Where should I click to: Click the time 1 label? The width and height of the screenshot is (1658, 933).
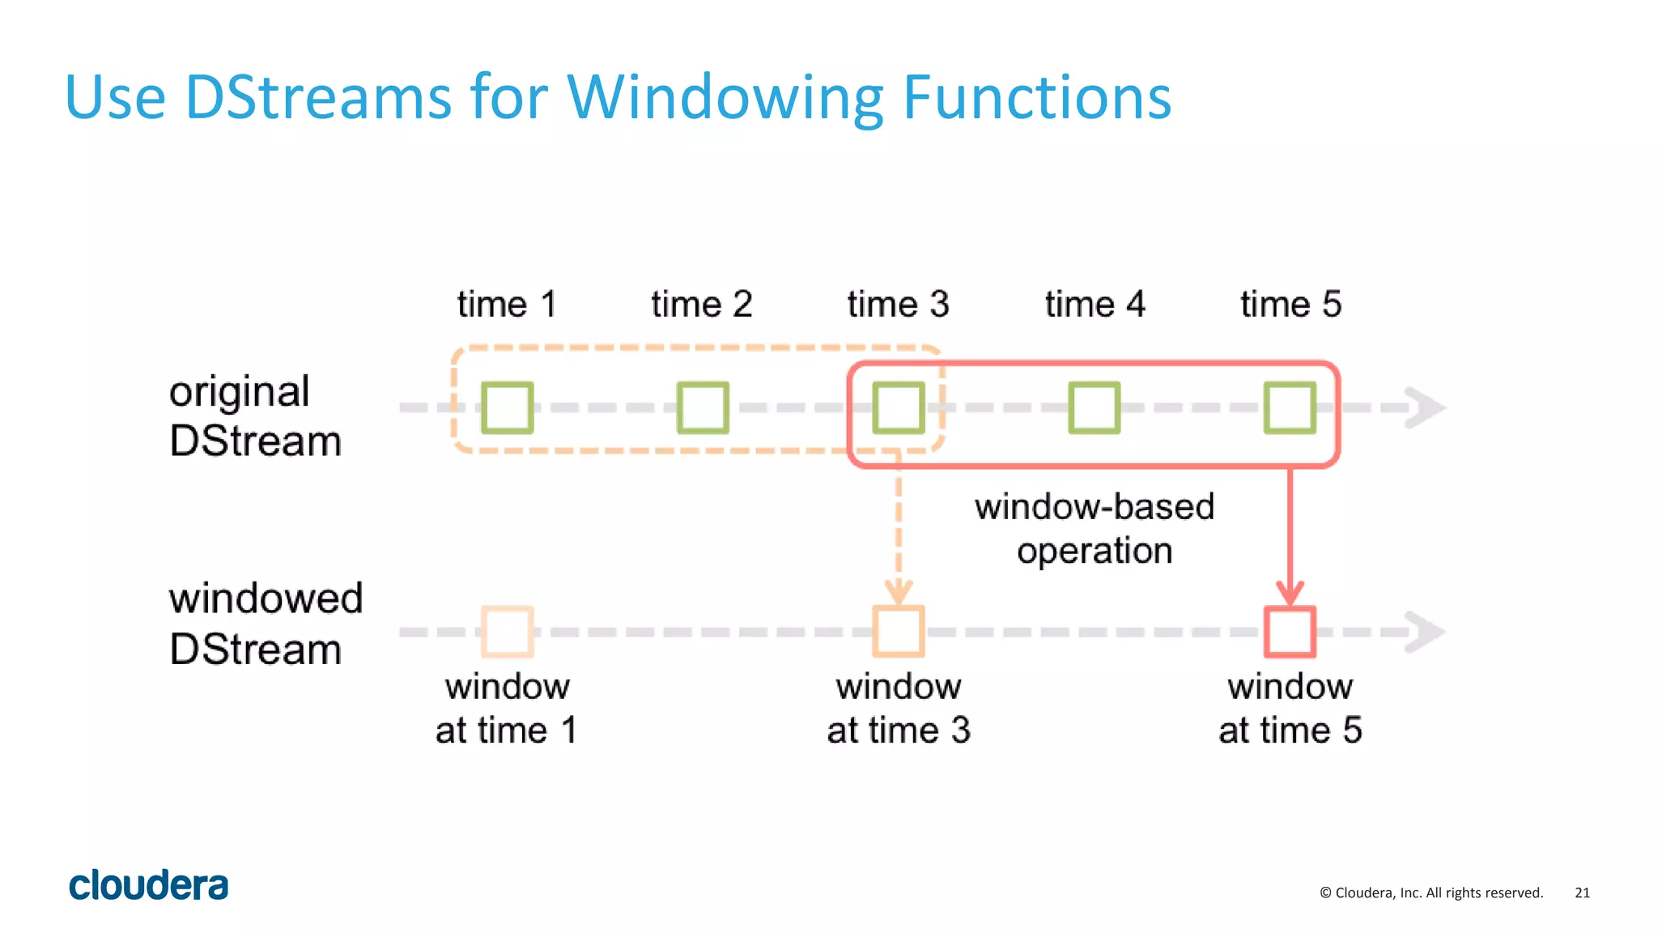[507, 305]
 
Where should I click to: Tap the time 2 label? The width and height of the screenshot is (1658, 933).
[702, 305]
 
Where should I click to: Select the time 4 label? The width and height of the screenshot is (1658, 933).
[1095, 305]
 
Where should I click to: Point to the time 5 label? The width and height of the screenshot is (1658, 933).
[1290, 305]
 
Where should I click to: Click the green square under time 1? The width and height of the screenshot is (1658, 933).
[507, 407]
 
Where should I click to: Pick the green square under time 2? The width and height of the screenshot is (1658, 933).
[703, 407]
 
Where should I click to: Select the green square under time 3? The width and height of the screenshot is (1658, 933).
[899, 407]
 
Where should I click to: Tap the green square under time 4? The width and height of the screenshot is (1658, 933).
[1095, 407]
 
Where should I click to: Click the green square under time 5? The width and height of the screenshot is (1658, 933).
[1290, 407]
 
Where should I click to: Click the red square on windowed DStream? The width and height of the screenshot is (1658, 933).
[1290, 632]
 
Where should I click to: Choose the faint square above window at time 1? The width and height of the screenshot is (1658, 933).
[507, 632]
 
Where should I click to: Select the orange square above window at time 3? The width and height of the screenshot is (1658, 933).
[899, 632]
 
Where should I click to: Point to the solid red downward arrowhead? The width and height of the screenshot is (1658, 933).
[1290, 594]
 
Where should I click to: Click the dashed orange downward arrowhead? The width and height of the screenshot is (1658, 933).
[899, 592]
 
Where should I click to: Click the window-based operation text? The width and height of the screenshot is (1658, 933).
[1095, 529]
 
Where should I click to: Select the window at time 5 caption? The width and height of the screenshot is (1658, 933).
[1290, 709]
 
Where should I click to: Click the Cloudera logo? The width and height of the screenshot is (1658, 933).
[149, 885]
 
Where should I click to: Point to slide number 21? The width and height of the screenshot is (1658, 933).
[1582, 893]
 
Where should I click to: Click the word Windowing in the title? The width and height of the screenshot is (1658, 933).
[725, 99]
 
